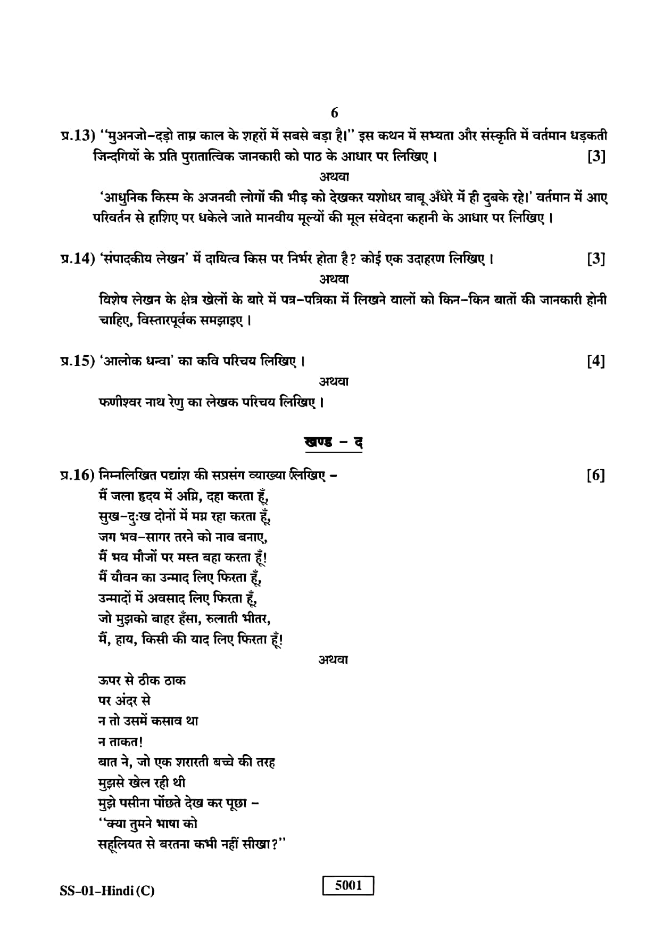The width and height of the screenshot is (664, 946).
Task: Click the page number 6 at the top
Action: tap(334, 113)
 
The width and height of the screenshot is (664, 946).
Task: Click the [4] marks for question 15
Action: tap(596, 362)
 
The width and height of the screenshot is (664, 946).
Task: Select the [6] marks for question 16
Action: tap(596, 475)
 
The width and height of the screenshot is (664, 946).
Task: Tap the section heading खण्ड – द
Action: tap(334, 443)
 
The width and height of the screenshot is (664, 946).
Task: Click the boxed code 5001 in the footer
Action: tap(348, 886)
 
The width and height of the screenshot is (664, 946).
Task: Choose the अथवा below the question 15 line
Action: tap(334, 382)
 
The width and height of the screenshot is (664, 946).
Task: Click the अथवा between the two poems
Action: tap(334, 660)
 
